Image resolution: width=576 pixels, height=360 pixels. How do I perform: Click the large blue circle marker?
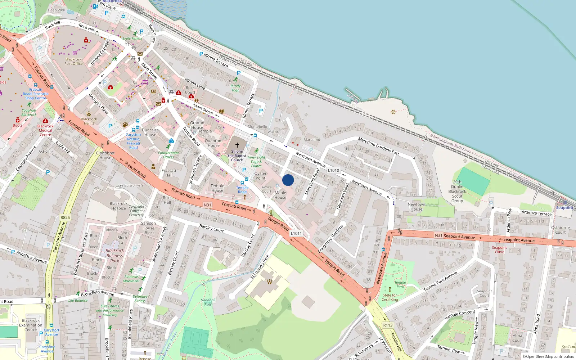[288, 180]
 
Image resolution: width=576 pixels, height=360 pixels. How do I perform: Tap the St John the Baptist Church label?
[237, 156]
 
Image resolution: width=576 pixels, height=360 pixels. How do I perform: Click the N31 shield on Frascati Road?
[207, 205]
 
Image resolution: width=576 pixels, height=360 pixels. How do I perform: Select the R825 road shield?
[65, 217]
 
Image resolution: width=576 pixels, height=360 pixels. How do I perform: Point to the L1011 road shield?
[296, 233]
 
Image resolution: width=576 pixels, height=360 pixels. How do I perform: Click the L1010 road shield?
[333, 170]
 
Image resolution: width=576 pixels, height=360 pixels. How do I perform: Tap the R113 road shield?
[388, 325]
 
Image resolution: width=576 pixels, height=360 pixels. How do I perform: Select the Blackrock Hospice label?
[118, 206]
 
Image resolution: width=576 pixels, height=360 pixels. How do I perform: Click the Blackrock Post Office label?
[73, 62]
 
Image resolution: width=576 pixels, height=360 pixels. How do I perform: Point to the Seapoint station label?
[564, 208]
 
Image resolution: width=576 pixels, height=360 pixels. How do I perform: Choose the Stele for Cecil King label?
[390, 297]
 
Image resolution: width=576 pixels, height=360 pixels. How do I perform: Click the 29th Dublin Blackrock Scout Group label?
[457, 192]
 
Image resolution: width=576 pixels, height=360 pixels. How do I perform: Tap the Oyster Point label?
[260, 176]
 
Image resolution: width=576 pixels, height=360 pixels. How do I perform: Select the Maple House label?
[280, 195]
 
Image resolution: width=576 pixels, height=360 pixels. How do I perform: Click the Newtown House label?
[417, 207]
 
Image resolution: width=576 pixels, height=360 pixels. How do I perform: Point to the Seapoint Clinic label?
[499, 249]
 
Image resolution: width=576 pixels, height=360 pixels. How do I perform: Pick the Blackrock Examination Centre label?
[31, 325]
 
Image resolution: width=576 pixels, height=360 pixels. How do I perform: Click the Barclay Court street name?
[211, 228]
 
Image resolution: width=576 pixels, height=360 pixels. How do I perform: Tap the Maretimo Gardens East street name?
[378, 146]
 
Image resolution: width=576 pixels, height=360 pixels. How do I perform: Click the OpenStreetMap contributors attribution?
[550, 357]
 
